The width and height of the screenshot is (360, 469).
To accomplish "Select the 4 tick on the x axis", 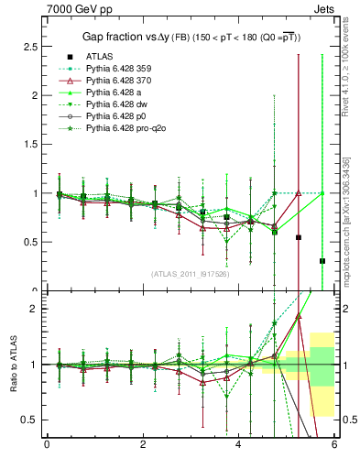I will (x=239, y=445).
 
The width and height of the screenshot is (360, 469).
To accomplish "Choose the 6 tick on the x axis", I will (x=334, y=445).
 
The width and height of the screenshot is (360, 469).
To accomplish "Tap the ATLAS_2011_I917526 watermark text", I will (x=190, y=274).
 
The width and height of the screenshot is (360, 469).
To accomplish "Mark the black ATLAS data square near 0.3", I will (x=322, y=261).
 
